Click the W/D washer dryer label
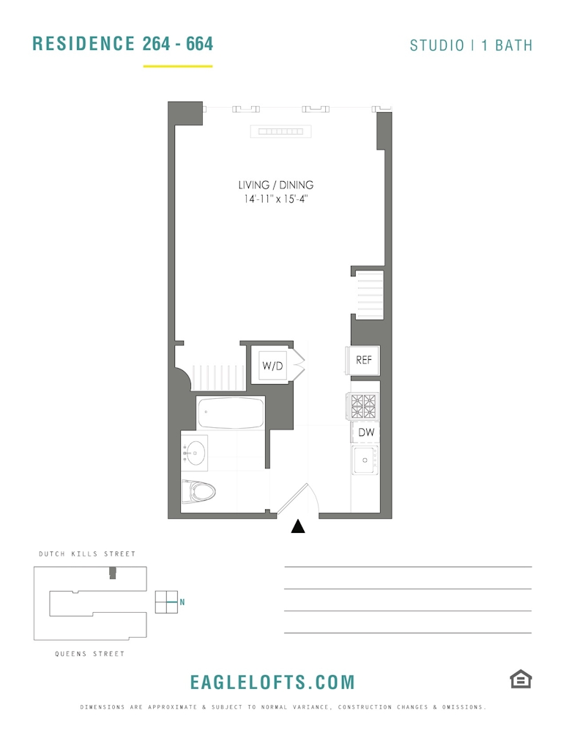point(272,366)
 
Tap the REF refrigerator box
point(363,360)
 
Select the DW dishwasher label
point(366,432)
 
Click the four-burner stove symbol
point(363,406)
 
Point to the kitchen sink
point(365,460)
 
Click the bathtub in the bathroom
point(231,413)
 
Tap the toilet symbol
point(198,491)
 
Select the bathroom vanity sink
point(194,452)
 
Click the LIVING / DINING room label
point(276,185)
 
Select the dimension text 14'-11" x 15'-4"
point(276,199)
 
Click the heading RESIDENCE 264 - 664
point(123,43)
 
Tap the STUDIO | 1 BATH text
point(472,45)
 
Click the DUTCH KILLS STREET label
point(87,554)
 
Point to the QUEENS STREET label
point(89,654)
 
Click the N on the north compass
point(182,602)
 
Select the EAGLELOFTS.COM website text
point(272,682)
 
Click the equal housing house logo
point(521,679)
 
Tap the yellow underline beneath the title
point(178,67)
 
